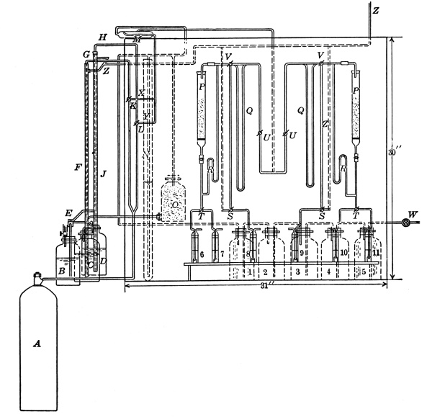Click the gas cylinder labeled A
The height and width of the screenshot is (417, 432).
pyautogui.click(x=35, y=342)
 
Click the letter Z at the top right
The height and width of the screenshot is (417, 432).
pyautogui.click(x=376, y=11)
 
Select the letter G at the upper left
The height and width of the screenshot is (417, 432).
pyautogui.click(x=86, y=55)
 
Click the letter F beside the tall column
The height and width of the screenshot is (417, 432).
pyautogui.click(x=77, y=168)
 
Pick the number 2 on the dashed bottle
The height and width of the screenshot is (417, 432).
pyautogui.click(x=266, y=274)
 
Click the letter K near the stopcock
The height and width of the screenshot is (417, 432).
pyautogui.click(x=132, y=106)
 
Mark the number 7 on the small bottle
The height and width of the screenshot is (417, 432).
pyautogui.click(x=223, y=254)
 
